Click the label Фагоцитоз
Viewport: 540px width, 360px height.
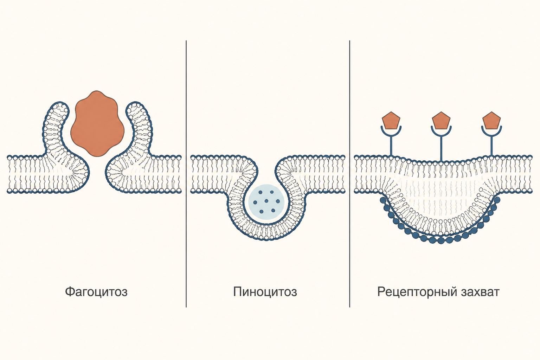(x=96, y=292)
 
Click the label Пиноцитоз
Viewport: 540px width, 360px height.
(x=265, y=292)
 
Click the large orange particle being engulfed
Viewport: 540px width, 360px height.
(x=97, y=124)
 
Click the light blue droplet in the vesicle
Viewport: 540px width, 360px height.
(x=266, y=202)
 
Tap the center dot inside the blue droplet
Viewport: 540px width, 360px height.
(x=266, y=201)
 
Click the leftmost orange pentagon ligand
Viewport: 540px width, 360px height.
(x=391, y=120)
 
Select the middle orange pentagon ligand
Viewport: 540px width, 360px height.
(x=441, y=120)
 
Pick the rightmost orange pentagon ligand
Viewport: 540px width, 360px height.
(x=491, y=120)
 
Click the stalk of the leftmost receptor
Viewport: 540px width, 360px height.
(x=391, y=146)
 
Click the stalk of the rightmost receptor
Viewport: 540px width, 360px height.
(x=491, y=146)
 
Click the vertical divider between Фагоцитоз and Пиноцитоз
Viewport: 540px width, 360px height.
(x=186, y=174)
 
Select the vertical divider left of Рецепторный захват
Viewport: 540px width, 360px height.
(x=349, y=174)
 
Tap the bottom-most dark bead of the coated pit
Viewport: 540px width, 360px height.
(x=441, y=240)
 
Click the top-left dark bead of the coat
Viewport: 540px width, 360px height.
(x=383, y=200)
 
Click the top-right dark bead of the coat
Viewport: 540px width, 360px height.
(x=497, y=200)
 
